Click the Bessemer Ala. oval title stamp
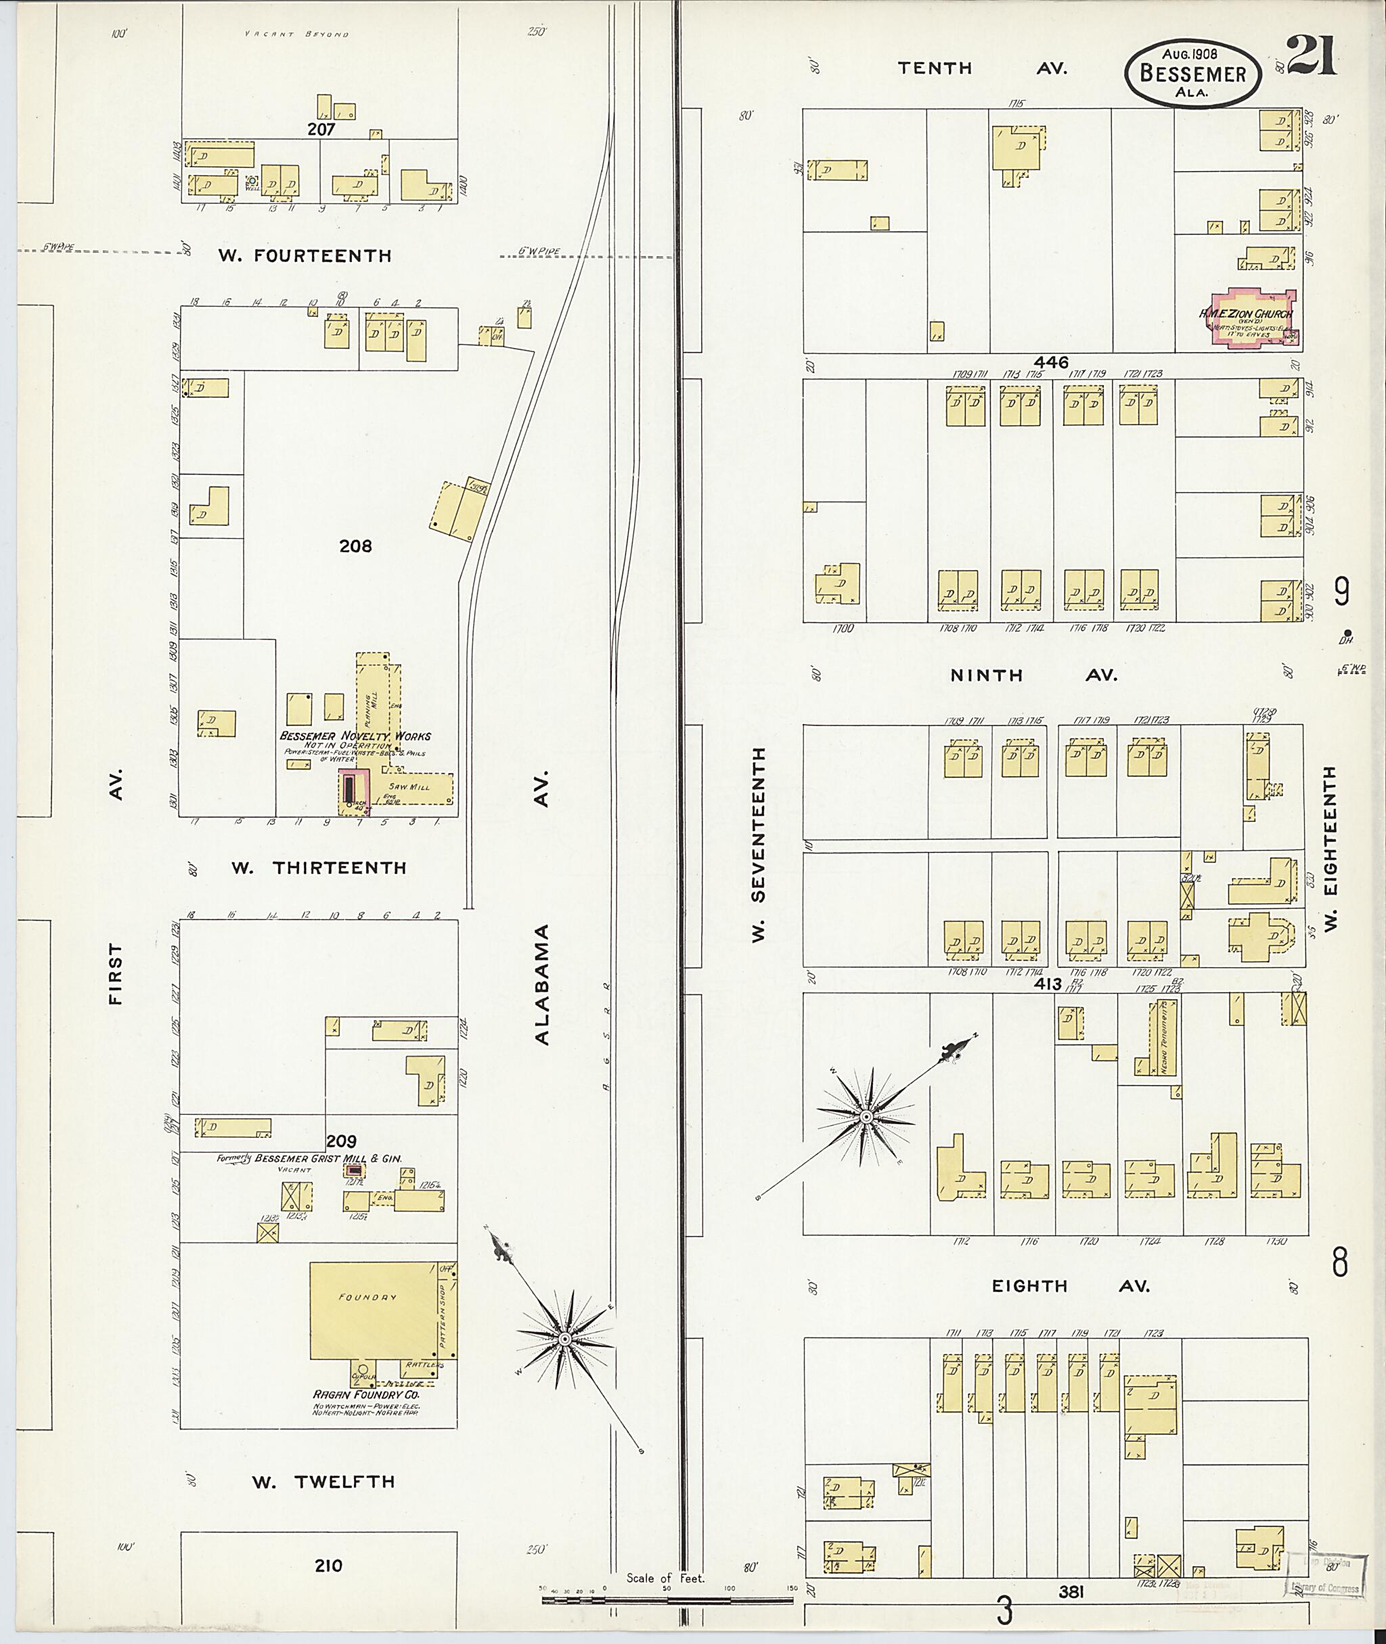[x=1192, y=73]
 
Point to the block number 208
[x=355, y=546]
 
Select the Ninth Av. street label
[x=1033, y=675]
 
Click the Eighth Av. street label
[x=1069, y=1287]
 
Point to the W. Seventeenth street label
[x=758, y=845]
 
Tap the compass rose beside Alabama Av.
[x=564, y=1337]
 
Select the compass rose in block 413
[x=865, y=1116]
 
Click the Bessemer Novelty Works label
[x=355, y=736]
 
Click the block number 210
[x=328, y=1565]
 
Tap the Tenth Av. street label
[x=981, y=68]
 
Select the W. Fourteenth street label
[x=305, y=255]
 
